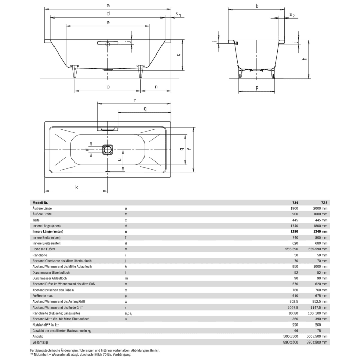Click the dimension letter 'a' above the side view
[x=107, y=5]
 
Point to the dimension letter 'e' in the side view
[x=107, y=23]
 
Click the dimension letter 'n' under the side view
[x=155, y=87]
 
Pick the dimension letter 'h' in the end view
[x=304, y=59]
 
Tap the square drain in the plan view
[x=107, y=150]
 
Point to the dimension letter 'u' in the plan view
[x=119, y=160]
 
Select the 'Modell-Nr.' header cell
[x=41, y=203]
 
